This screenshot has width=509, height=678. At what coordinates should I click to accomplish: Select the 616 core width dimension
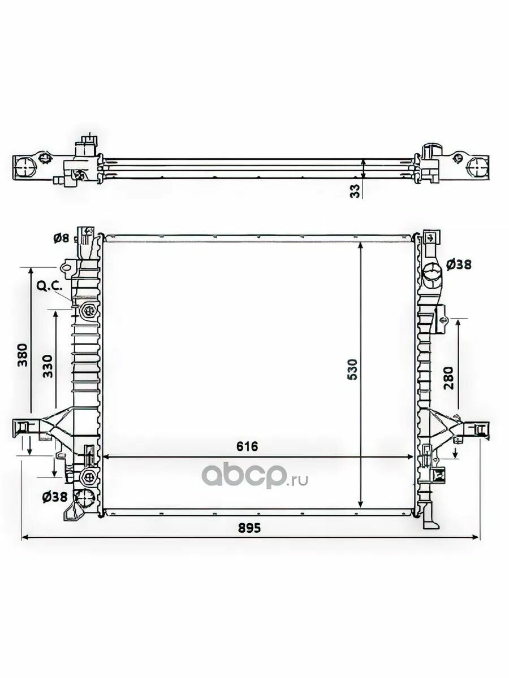[247, 446]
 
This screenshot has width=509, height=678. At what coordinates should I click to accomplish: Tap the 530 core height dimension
[352, 369]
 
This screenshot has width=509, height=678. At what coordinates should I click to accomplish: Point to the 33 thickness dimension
[356, 191]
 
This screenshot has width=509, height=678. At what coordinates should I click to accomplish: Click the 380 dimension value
[23, 355]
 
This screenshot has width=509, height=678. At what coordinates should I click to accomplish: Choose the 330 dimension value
[48, 366]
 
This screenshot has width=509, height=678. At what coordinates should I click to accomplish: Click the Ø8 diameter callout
[61, 238]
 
